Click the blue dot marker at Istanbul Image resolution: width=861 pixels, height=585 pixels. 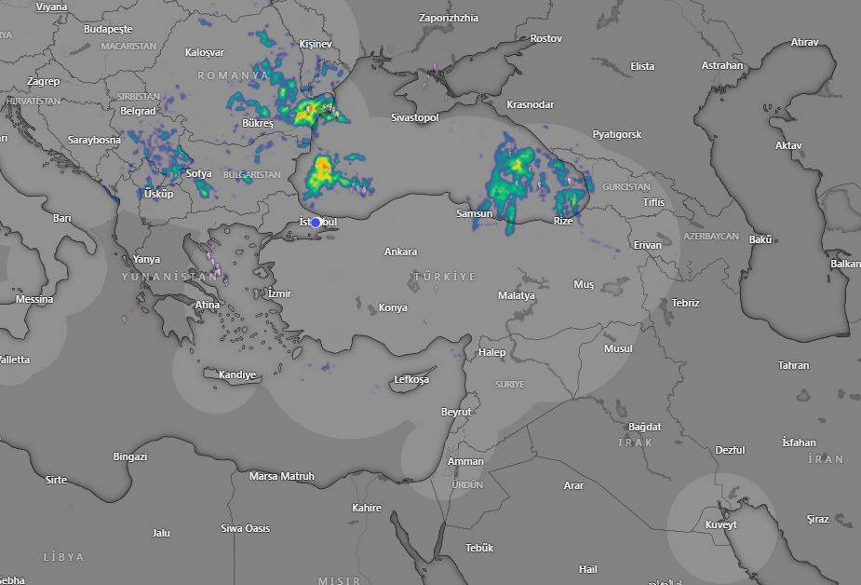pos(316,222)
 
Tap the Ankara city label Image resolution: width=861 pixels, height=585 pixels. pos(401,252)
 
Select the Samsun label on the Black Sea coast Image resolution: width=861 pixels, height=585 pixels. pos(473,214)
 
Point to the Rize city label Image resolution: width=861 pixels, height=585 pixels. pos(562,221)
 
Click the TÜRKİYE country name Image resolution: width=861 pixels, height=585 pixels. pos(444,277)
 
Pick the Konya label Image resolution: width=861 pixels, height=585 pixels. pos(393,308)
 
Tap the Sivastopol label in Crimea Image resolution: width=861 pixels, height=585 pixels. pos(414,117)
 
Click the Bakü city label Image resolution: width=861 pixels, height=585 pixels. pos(760,239)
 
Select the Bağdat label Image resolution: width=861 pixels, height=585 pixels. pos(644,427)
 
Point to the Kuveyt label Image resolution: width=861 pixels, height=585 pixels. pos(720,524)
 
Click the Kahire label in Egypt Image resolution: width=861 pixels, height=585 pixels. pos(367,508)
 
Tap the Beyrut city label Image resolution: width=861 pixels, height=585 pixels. pos(456,412)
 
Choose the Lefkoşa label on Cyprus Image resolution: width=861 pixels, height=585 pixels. pos(411,379)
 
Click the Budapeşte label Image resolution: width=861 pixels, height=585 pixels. pos(109,29)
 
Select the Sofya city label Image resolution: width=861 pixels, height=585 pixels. pos(198,173)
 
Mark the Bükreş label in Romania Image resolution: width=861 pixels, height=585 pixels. pos(257,123)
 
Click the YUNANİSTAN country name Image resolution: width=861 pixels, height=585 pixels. pos(168,277)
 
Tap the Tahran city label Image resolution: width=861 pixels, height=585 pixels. pos(793,365)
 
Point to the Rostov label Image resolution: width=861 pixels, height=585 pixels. pos(546,38)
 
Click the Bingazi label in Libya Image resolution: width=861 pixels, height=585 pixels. pos(130,456)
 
